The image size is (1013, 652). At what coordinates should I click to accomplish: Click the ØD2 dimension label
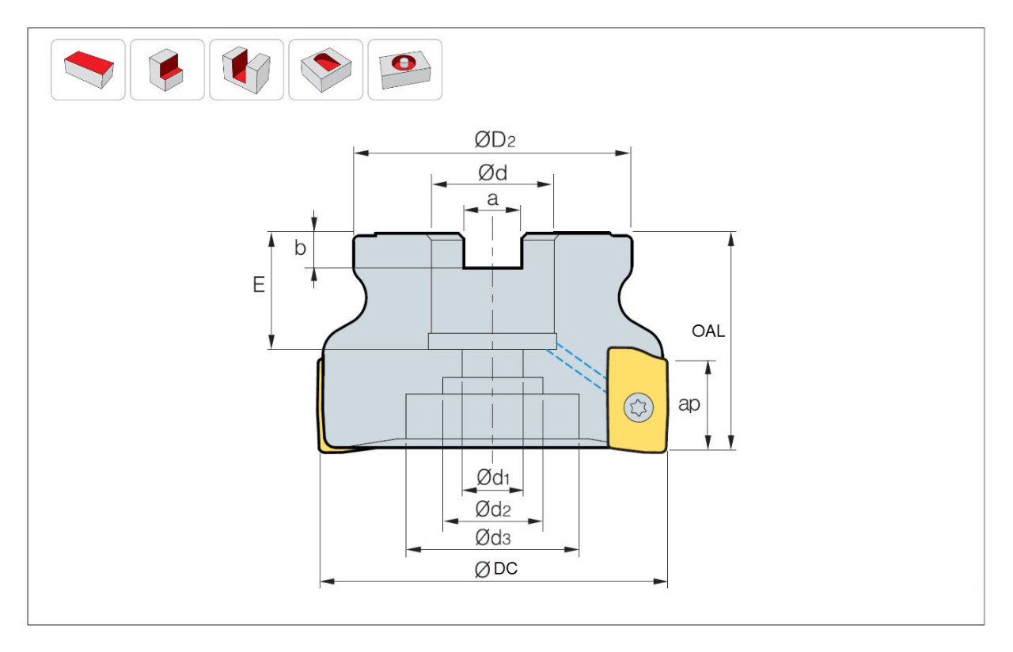click(495, 141)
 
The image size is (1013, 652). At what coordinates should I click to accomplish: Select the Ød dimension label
click(492, 173)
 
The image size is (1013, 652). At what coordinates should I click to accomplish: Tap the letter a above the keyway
click(492, 199)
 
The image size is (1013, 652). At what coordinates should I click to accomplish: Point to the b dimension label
click(300, 248)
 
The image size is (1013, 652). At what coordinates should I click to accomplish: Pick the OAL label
click(708, 332)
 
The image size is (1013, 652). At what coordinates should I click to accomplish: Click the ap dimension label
click(690, 404)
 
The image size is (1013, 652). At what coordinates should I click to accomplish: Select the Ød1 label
click(492, 477)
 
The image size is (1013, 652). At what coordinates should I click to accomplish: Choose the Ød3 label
click(492, 539)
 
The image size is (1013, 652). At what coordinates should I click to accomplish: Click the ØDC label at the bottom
click(496, 570)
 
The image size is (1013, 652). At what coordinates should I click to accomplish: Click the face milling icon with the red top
click(88, 69)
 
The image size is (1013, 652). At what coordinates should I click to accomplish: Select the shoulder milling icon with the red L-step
click(167, 69)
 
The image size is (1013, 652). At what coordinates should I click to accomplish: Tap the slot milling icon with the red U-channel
click(246, 69)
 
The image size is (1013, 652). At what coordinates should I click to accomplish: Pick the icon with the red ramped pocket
click(325, 69)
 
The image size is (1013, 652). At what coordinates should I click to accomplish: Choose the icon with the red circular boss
click(404, 69)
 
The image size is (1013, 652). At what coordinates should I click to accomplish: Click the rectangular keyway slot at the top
click(492, 251)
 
